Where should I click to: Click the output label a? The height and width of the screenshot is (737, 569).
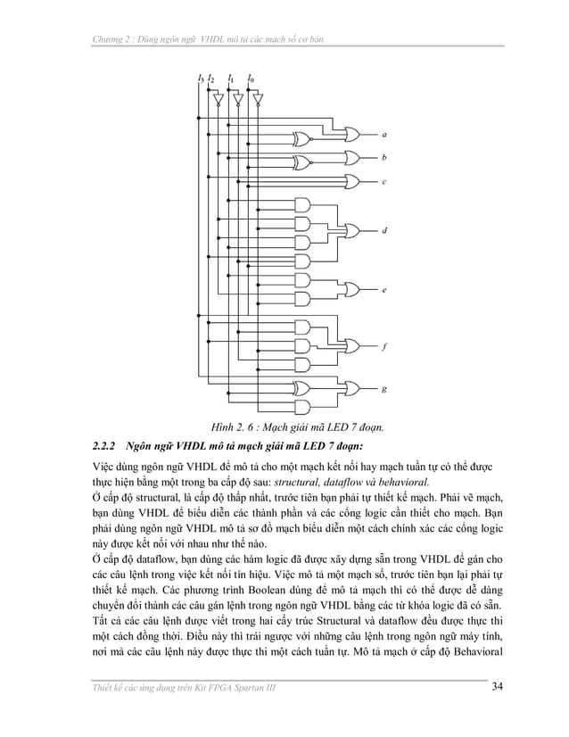coord(383,135)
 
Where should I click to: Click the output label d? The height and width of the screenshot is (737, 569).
coord(383,231)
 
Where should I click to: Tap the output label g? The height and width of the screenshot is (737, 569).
coord(383,389)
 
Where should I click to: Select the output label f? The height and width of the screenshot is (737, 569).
coord(383,346)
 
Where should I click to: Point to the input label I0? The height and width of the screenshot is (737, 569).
coord(251,79)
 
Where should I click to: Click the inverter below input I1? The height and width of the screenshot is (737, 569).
coord(236,100)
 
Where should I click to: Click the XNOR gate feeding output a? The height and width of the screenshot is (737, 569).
coord(301,140)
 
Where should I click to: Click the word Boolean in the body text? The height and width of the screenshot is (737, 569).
coord(291,600)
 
